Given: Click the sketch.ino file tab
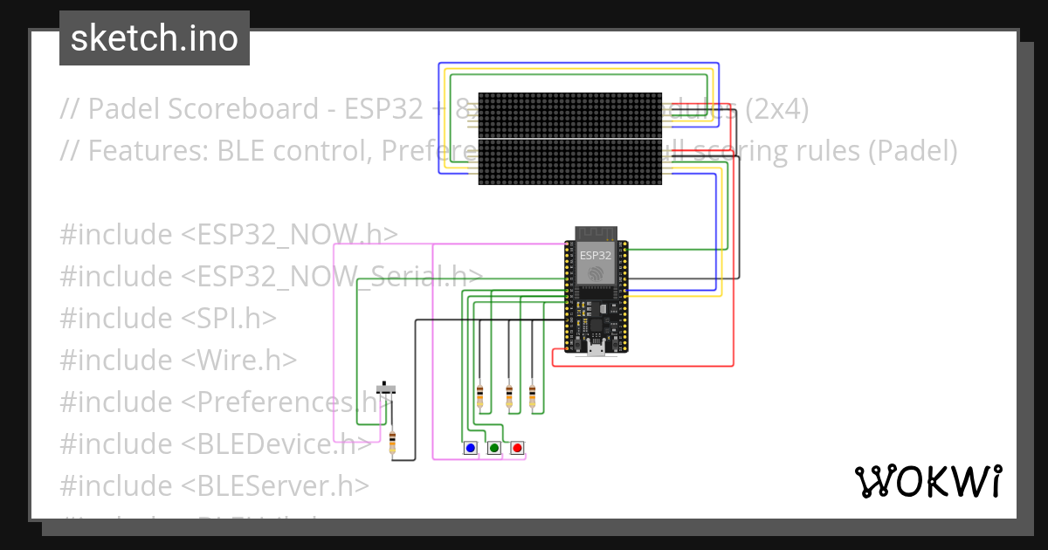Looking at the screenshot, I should (x=154, y=38).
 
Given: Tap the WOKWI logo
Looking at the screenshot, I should (x=927, y=481).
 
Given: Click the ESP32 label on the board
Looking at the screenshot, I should (x=596, y=255).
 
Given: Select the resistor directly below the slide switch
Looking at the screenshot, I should (x=392, y=443).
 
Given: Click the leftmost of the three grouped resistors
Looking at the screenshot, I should (x=479, y=396).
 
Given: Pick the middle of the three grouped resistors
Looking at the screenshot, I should (x=509, y=396).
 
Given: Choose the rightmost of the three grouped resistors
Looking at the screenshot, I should (x=532, y=396).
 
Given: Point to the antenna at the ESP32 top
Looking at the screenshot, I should (x=596, y=234).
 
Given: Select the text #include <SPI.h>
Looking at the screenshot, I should (x=168, y=318).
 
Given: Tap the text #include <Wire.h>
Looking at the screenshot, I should (x=178, y=360).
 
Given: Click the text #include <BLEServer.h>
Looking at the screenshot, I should (x=214, y=485).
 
